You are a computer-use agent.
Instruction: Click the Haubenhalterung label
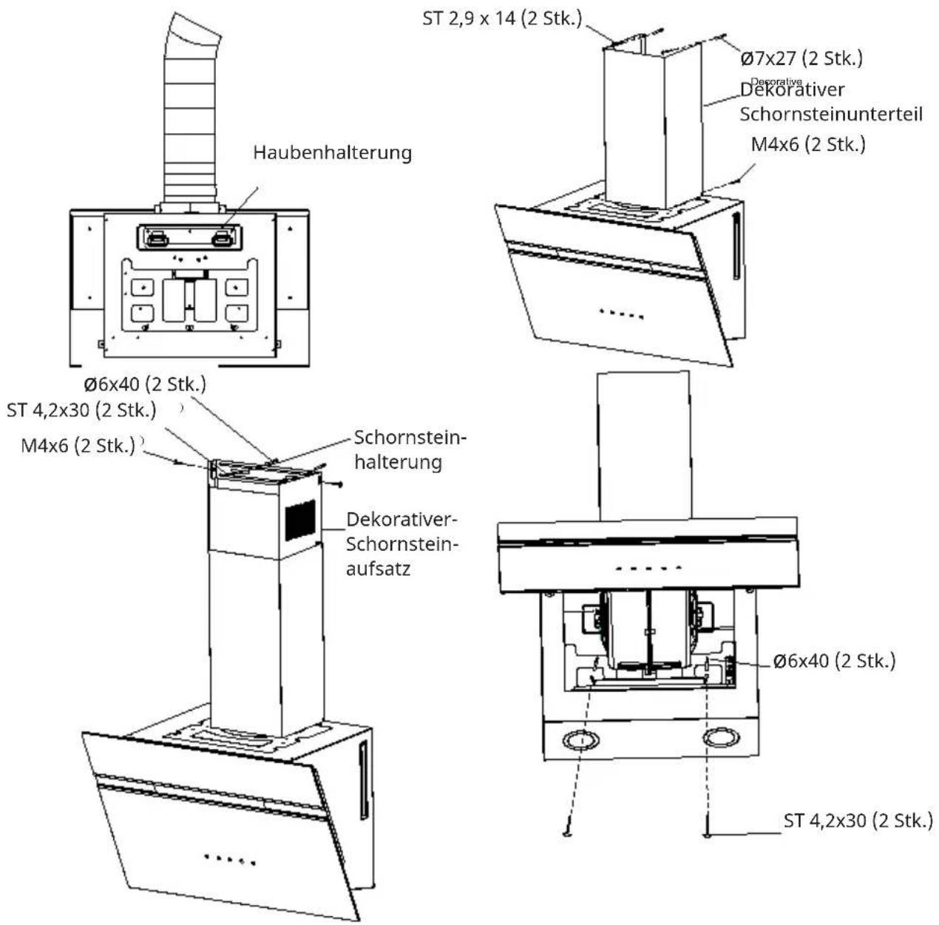pyautogui.click(x=332, y=153)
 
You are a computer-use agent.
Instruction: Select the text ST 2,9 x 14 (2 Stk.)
pyautogui.click(x=502, y=19)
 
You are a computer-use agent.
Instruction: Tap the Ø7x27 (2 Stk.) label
pyautogui.click(x=801, y=59)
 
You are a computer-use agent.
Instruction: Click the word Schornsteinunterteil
pyautogui.click(x=831, y=114)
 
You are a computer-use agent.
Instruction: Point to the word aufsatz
pyautogui.click(x=378, y=569)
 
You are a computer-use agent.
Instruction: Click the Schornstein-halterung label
pyautogui.click(x=410, y=450)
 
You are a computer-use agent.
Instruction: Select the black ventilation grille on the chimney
pyautogui.click(x=300, y=520)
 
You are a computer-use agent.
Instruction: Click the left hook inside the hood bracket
pyautogui.click(x=157, y=239)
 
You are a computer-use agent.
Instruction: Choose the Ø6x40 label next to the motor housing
pyautogui.click(x=834, y=661)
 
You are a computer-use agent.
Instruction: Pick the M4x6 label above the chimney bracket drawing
pyautogui.click(x=78, y=446)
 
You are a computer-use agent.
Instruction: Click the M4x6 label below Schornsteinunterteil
pyautogui.click(x=808, y=145)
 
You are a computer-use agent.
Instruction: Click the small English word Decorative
pyautogui.click(x=776, y=81)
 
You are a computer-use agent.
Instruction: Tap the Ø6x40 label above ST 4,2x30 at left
pyautogui.click(x=145, y=384)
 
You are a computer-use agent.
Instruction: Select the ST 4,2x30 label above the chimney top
pyautogui.click(x=81, y=410)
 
